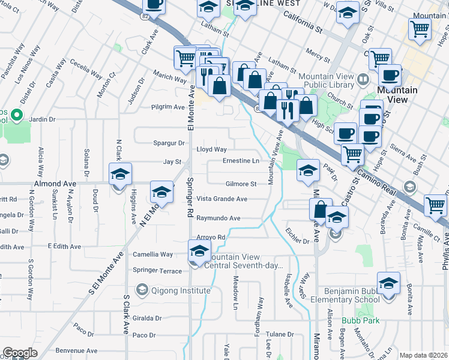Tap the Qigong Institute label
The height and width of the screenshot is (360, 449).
(x=180, y=290)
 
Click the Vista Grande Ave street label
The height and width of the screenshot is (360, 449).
(x=222, y=199)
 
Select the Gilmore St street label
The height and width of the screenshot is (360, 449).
(x=241, y=184)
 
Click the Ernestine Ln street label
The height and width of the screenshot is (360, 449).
(x=241, y=161)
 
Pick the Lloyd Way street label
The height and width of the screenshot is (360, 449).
(x=212, y=149)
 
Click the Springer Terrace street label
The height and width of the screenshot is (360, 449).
(x=157, y=271)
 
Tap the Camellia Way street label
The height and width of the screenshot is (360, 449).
(x=153, y=254)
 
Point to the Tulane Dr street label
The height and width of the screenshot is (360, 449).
(x=280, y=334)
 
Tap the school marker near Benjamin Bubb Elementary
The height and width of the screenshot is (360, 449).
(x=388, y=283)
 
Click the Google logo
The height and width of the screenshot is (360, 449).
(x=20, y=353)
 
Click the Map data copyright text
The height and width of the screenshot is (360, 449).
(x=424, y=355)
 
